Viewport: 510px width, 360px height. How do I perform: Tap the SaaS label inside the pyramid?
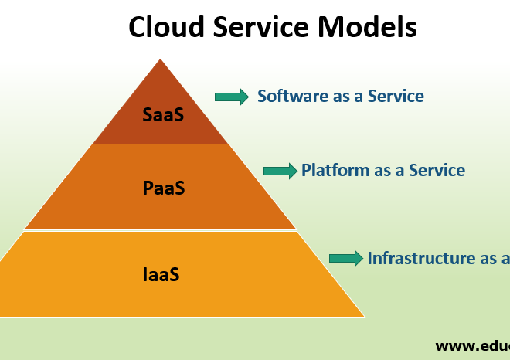click(163, 115)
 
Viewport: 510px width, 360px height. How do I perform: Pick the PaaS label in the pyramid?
click(164, 188)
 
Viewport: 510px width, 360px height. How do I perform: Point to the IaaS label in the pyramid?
click(161, 274)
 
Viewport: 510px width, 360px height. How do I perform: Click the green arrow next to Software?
click(232, 97)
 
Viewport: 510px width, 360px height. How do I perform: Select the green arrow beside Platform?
click(280, 171)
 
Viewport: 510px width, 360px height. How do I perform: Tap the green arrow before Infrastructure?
click(346, 258)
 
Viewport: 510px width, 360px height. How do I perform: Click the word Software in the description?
click(290, 97)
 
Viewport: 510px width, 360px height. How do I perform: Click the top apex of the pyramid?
click(161, 60)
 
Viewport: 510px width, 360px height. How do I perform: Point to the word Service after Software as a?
click(396, 97)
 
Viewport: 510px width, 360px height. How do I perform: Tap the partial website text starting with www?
click(471, 345)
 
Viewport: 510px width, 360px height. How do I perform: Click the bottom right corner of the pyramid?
click(362, 315)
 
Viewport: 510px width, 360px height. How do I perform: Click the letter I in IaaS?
click(146, 274)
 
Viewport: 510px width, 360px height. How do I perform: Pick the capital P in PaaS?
click(148, 188)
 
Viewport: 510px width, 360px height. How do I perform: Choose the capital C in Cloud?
click(138, 28)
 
